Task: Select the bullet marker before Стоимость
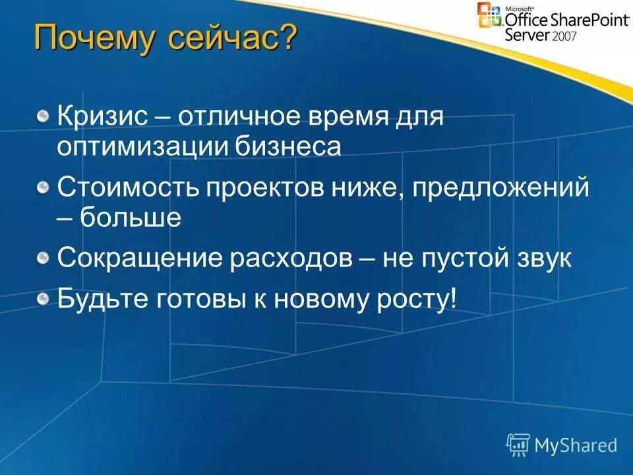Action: (43, 188)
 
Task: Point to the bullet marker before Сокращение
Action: (43, 258)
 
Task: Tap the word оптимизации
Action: (142, 147)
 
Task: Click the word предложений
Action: (500, 189)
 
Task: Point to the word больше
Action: (131, 217)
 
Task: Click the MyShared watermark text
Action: (575, 445)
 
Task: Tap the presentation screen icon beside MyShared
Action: (518, 445)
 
